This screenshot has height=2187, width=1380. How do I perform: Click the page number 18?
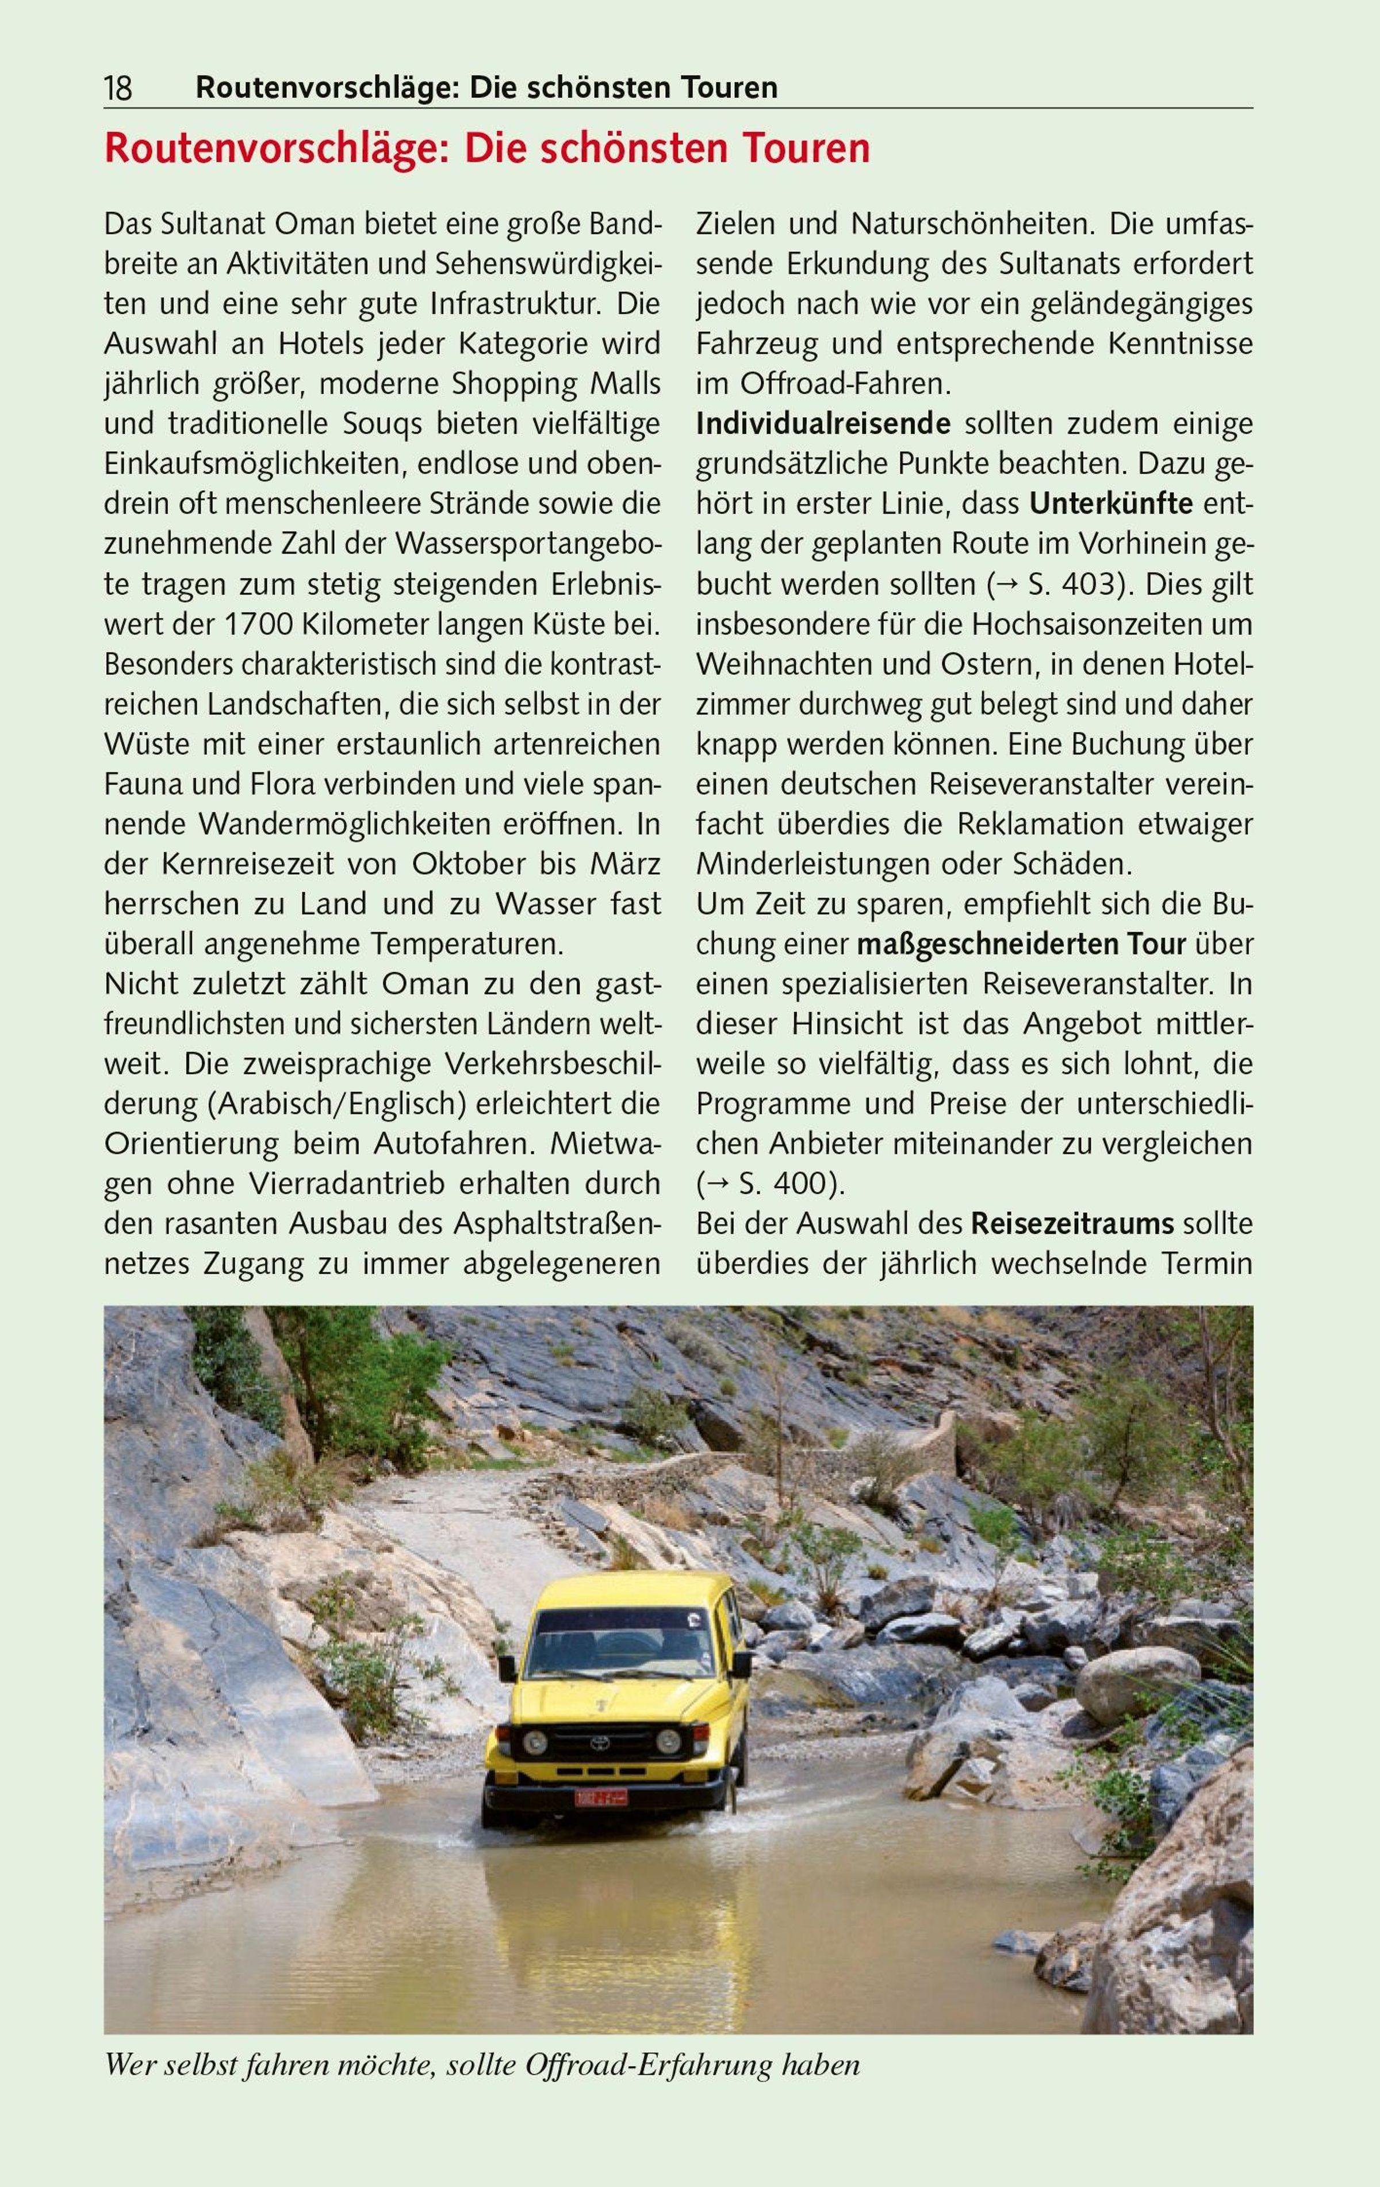pyautogui.click(x=118, y=88)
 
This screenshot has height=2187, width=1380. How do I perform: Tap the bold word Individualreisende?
pyautogui.click(x=823, y=424)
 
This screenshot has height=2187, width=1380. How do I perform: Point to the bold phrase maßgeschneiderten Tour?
pyautogui.click(x=1021, y=945)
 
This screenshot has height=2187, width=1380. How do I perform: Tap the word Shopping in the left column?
pyautogui.click(x=505, y=384)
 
